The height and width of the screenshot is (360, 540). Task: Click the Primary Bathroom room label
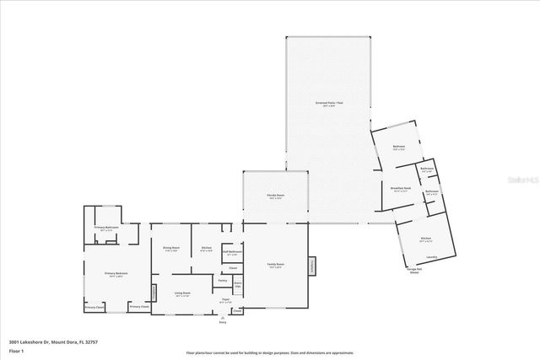tap(106, 228)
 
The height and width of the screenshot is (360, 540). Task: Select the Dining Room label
tap(170, 249)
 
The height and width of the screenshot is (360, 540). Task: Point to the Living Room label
tap(182, 293)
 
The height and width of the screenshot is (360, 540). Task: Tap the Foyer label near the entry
tap(225, 300)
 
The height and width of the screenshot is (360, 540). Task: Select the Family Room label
tap(275, 266)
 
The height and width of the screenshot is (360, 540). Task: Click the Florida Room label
tap(275, 196)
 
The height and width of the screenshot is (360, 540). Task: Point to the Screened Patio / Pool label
tap(326, 105)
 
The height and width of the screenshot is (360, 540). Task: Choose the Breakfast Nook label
tap(401, 189)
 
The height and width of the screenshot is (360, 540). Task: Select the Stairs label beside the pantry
tap(238, 285)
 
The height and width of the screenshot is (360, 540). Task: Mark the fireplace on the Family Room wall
tap(312, 266)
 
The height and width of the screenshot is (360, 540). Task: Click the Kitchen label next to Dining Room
tap(206, 249)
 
